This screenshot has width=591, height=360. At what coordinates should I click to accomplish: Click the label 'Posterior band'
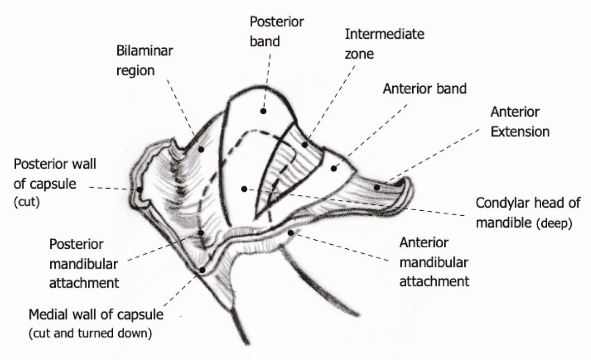click(x=277, y=31)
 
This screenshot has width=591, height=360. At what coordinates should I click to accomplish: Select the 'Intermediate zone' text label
click(x=384, y=43)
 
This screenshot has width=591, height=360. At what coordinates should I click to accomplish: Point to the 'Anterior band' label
click(x=425, y=89)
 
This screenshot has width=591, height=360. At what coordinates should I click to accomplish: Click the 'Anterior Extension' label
click(x=519, y=122)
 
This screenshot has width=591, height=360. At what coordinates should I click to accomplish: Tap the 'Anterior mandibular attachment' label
click(x=433, y=262)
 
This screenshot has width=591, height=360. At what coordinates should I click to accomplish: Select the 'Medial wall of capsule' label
click(x=96, y=314)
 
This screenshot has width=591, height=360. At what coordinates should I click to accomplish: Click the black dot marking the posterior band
click(x=263, y=111)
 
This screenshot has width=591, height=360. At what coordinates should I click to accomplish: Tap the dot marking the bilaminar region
click(x=201, y=148)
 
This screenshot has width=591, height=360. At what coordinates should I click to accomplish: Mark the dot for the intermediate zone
click(x=305, y=145)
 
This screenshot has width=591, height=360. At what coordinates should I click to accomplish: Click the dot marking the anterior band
click(x=333, y=168)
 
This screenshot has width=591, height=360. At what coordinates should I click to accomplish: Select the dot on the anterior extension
click(x=377, y=187)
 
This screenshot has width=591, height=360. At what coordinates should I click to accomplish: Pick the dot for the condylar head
click(x=244, y=189)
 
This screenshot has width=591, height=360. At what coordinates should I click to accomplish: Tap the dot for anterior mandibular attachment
click(x=291, y=232)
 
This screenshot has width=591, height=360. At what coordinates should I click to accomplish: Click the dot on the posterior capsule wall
click(x=140, y=189)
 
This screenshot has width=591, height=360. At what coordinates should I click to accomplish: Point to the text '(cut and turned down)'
click(x=90, y=332)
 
